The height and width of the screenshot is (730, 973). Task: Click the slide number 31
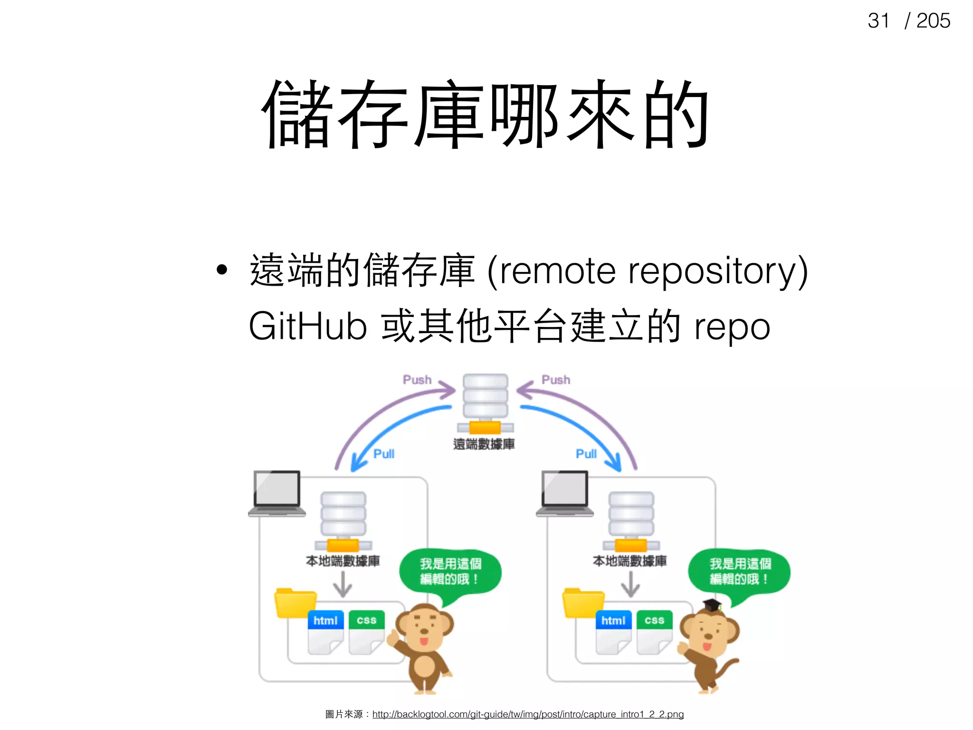point(878,21)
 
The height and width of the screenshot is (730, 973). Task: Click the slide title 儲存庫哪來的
point(486,114)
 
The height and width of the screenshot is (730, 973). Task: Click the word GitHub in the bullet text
point(307,327)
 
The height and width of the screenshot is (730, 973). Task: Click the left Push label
point(417,380)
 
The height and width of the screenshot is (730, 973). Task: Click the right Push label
point(555,380)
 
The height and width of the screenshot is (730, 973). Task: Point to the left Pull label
point(383,454)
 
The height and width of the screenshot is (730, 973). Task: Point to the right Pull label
point(586,454)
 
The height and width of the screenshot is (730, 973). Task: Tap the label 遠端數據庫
point(484,444)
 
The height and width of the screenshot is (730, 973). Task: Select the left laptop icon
point(277,493)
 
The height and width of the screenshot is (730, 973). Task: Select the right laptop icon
point(565,493)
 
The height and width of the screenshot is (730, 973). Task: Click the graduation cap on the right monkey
point(712,605)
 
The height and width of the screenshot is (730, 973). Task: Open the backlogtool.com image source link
point(528,714)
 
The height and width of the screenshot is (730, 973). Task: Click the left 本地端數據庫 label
point(343,561)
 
